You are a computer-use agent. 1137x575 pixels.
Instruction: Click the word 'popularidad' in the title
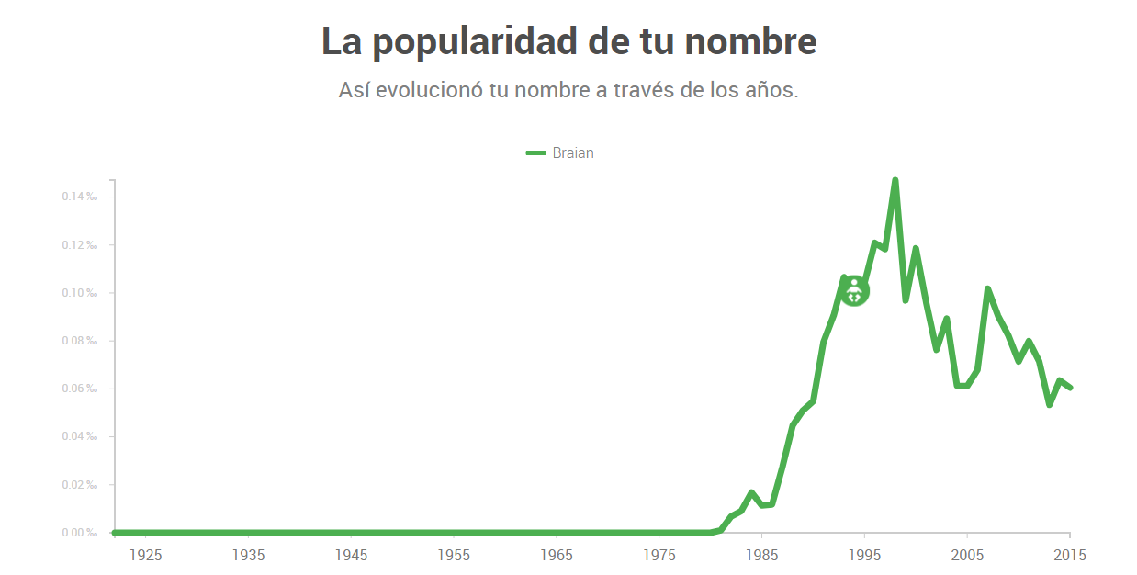click(475, 42)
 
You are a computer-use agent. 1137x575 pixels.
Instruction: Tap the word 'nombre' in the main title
click(750, 41)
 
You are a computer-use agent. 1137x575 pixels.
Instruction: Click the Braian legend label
click(573, 152)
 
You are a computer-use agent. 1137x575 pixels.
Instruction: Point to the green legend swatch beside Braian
click(535, 152)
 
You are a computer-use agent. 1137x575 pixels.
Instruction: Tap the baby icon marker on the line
click(854, 291)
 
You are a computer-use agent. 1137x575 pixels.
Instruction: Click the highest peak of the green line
click(895, 180)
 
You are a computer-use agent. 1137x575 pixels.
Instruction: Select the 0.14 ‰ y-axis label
click(80, 197)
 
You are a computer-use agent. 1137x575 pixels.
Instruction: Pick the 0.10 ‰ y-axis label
click(80, 293)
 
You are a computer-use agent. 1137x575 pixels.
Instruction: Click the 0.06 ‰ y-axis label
click(80, 389)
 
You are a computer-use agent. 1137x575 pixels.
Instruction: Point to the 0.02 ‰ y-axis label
click(80, 485)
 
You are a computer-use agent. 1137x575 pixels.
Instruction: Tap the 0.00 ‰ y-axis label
click(80, 533)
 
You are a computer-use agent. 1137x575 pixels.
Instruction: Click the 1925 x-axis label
click(146, 555)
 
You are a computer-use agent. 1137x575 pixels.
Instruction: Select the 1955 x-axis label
click(454, 555)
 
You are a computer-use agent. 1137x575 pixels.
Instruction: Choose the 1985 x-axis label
click(762, 555)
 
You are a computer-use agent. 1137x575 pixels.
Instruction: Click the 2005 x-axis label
click(967, 555)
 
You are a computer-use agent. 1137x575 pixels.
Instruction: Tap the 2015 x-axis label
click(1070, 555)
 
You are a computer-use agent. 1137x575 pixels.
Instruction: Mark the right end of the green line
click(1071, 388)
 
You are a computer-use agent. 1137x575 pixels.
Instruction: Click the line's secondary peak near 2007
click(988, 288)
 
